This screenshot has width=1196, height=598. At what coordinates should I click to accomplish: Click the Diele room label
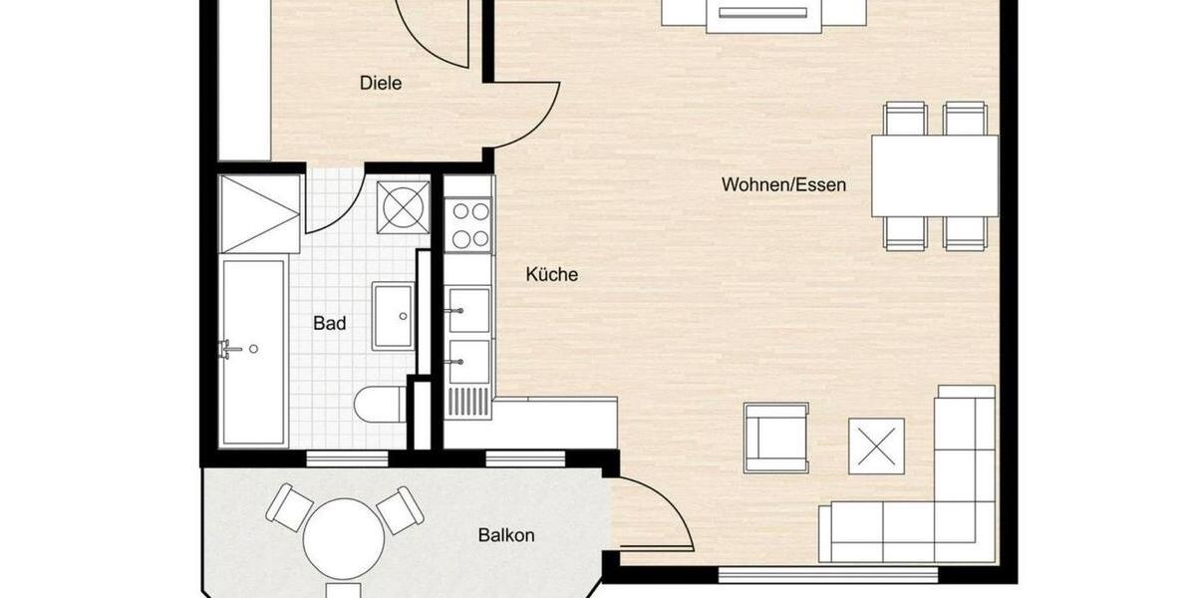tap(381, 84)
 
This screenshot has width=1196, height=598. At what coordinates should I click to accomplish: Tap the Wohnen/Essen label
tap(783, 184)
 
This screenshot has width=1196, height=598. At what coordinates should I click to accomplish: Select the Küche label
tap(551, 275)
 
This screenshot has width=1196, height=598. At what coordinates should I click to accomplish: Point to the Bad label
tap(330, 323)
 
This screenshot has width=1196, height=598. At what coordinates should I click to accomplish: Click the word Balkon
tap(506, 535)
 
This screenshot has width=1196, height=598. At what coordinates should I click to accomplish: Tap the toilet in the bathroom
tap(379, 405)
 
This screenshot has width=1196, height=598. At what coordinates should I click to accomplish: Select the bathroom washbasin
tap(394, 315)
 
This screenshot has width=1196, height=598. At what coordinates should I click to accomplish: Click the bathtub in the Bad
tap(253, 351)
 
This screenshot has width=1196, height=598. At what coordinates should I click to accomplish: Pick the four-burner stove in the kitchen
tap(468, 225)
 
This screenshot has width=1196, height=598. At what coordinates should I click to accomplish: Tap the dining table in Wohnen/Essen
tap(935, 175)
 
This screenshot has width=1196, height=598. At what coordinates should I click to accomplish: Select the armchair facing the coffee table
tap(776, 438)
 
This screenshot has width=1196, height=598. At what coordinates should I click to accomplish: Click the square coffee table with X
tap(876, 446)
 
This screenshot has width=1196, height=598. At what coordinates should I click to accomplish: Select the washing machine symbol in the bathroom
tap(404, 207)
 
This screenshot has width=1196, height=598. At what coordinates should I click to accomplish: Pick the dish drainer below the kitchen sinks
tap(468, 402)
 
